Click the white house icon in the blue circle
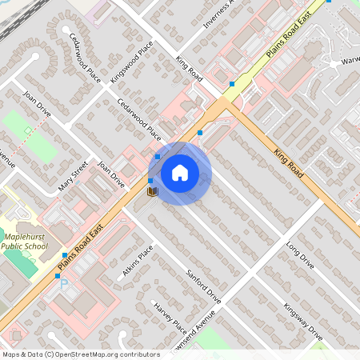point(180,173)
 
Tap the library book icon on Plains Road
point(152,192)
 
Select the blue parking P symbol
point(64,284)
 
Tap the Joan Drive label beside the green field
point(37,103)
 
